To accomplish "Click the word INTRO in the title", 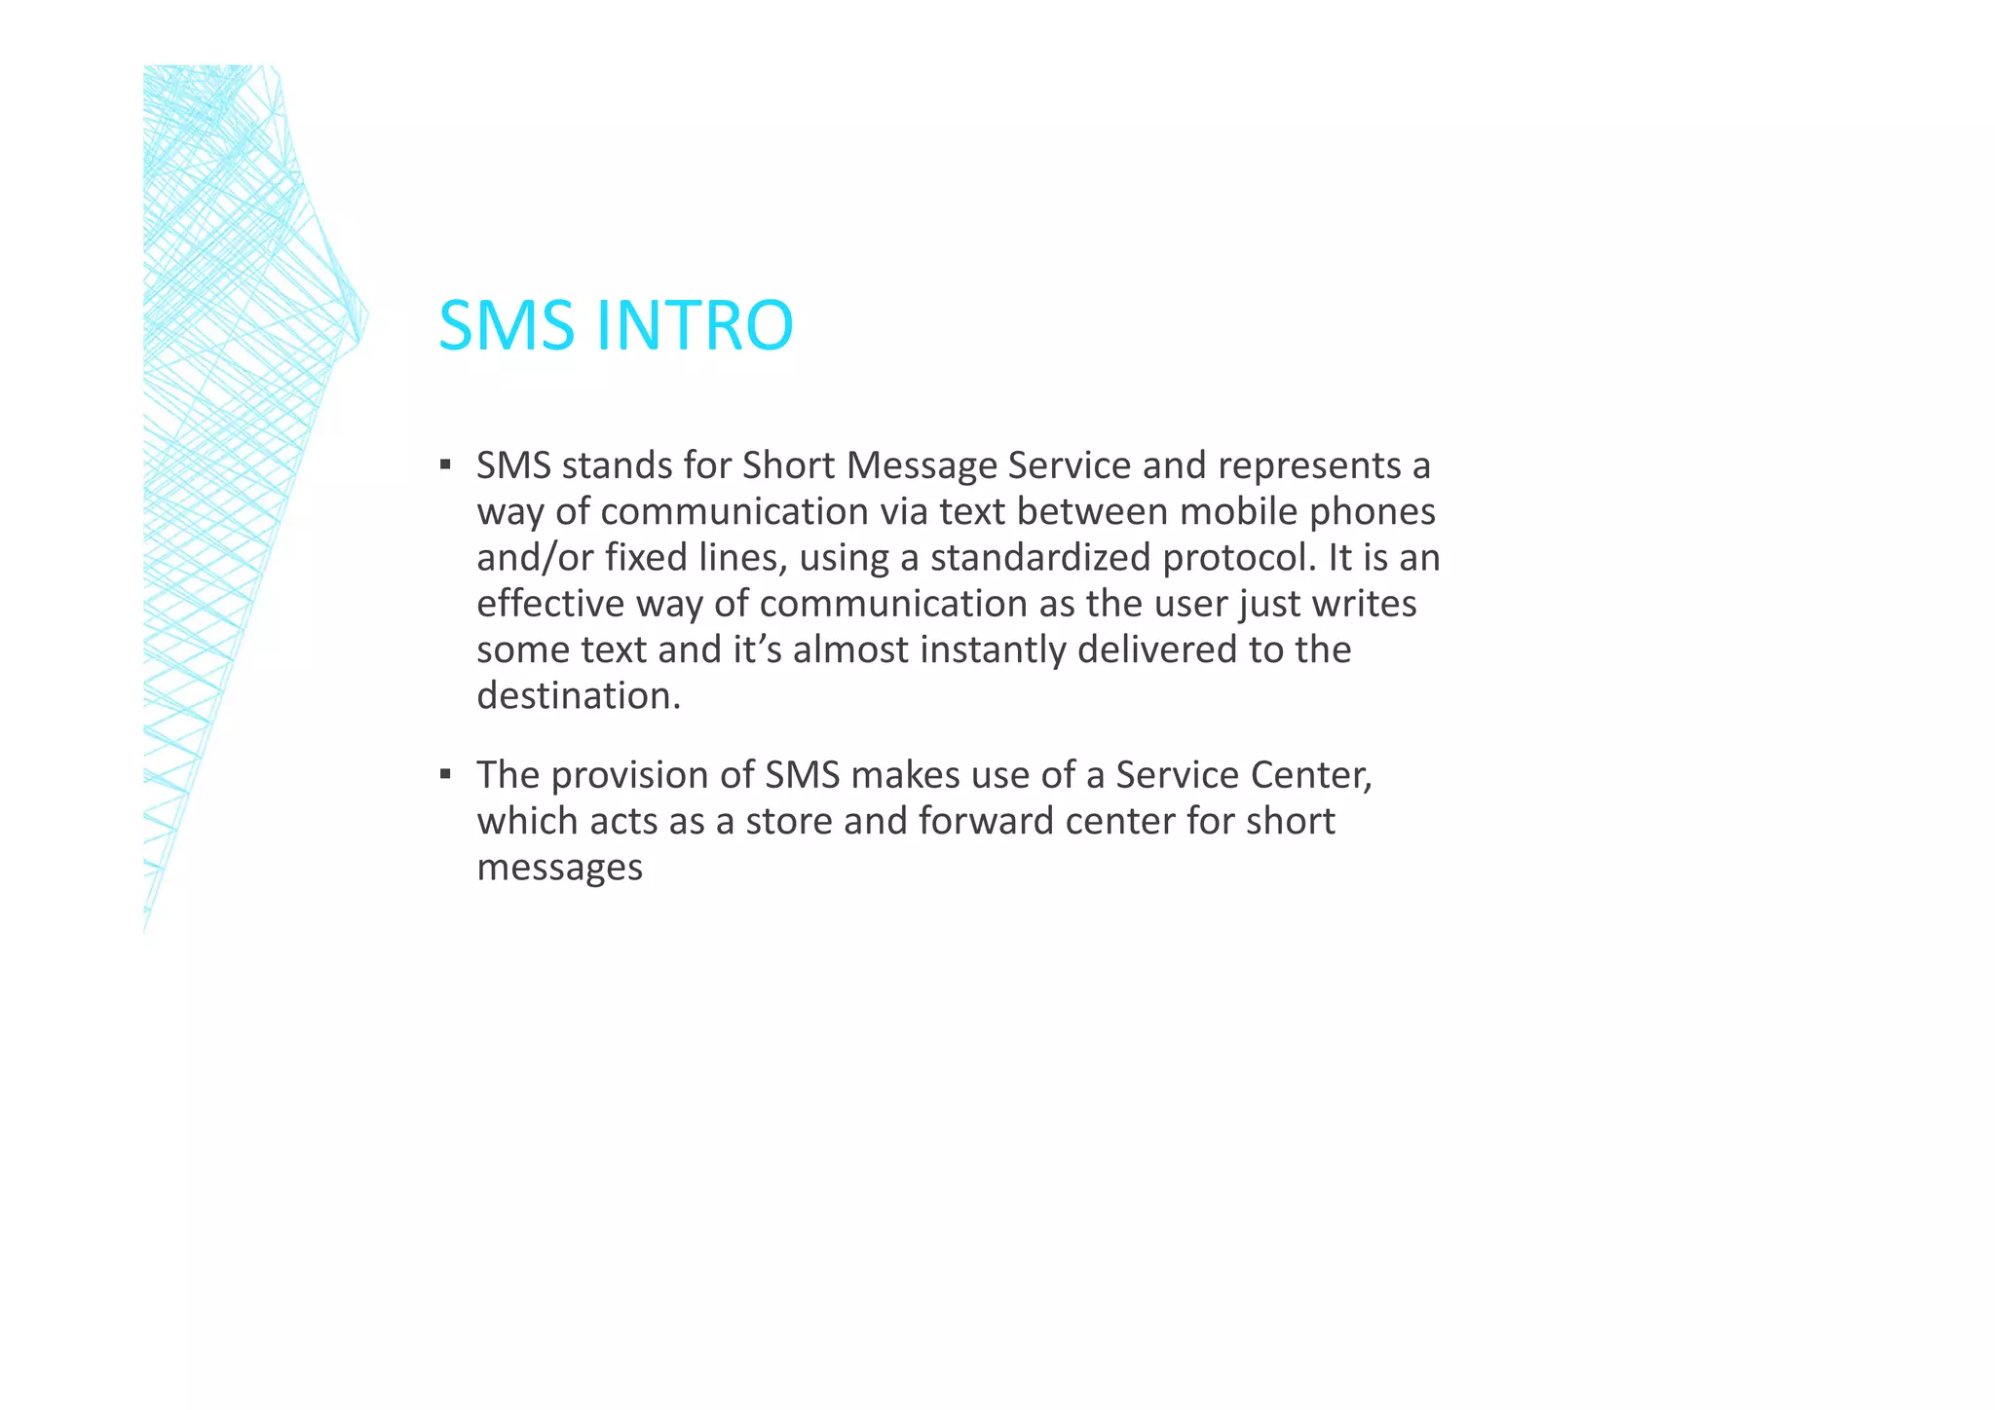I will pyautogui.click(x=694, y=325).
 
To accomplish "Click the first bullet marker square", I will pyautogui.click(x=445, y=464).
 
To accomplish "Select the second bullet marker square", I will pyautogui.click(x=445, y=773).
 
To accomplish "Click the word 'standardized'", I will pyautogui.click(x=1040, y=557).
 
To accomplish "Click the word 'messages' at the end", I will pyautogui.click(x=560, y=867).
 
